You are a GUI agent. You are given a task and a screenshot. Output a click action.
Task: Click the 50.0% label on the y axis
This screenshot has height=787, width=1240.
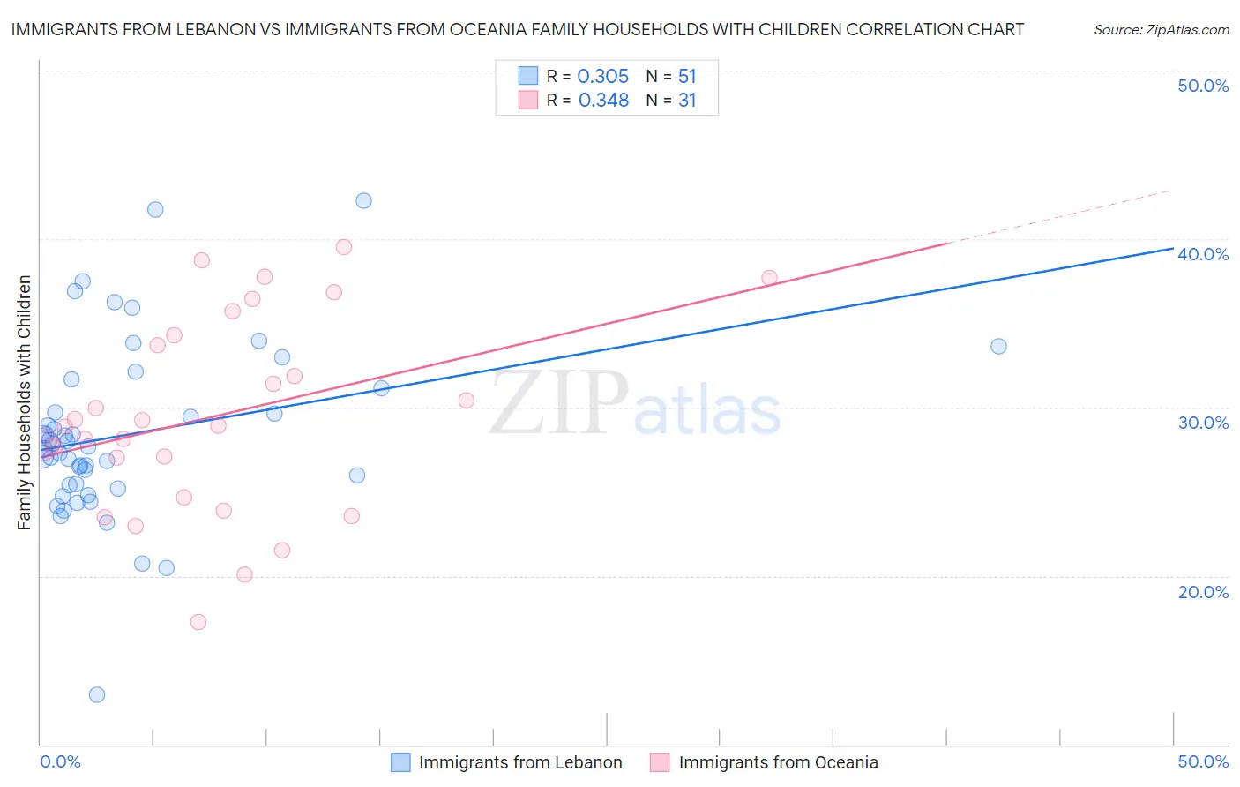pos(1203,86)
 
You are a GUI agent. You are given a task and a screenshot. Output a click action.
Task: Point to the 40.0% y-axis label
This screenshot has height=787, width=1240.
pos(1203,254)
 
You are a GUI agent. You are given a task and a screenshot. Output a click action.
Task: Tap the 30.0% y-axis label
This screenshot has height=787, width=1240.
pos(1203,423)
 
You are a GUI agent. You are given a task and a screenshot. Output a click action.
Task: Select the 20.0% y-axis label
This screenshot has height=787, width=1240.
pos(1203,592)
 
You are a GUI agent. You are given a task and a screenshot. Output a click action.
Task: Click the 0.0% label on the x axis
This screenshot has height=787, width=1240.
pos(60,761)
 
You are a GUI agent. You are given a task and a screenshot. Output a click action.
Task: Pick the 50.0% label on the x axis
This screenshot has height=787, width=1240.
pos(1203,761)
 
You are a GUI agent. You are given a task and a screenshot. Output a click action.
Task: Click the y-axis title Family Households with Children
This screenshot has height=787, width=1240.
pos(25,402)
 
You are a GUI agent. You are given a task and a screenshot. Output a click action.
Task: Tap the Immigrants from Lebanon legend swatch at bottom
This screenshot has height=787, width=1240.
pos(400,762)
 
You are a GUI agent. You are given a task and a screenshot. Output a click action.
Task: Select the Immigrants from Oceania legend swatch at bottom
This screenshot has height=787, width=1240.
pos(660,762)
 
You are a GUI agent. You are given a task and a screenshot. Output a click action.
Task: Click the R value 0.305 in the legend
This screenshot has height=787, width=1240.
pos(602,77)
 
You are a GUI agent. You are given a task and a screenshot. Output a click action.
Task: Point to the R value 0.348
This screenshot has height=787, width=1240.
pos(603,101)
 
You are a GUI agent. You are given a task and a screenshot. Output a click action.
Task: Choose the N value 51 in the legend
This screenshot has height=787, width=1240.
pos(687,77)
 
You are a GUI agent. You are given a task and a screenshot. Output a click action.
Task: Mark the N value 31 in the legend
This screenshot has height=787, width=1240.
pos(687,101)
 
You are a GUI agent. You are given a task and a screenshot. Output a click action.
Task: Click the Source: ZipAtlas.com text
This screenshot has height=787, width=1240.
pos(1161,30)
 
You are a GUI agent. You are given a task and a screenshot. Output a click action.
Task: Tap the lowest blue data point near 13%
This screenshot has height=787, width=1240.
pos(97,694)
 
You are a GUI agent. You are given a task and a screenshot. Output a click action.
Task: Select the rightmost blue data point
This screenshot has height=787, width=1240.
pos(998,346)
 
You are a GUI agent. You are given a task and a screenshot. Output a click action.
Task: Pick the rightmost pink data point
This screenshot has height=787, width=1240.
pos(769,278)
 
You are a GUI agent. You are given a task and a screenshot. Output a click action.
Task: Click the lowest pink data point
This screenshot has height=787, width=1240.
pos(198,622)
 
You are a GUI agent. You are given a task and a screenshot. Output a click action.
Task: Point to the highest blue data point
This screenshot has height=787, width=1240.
pos(363,200)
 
